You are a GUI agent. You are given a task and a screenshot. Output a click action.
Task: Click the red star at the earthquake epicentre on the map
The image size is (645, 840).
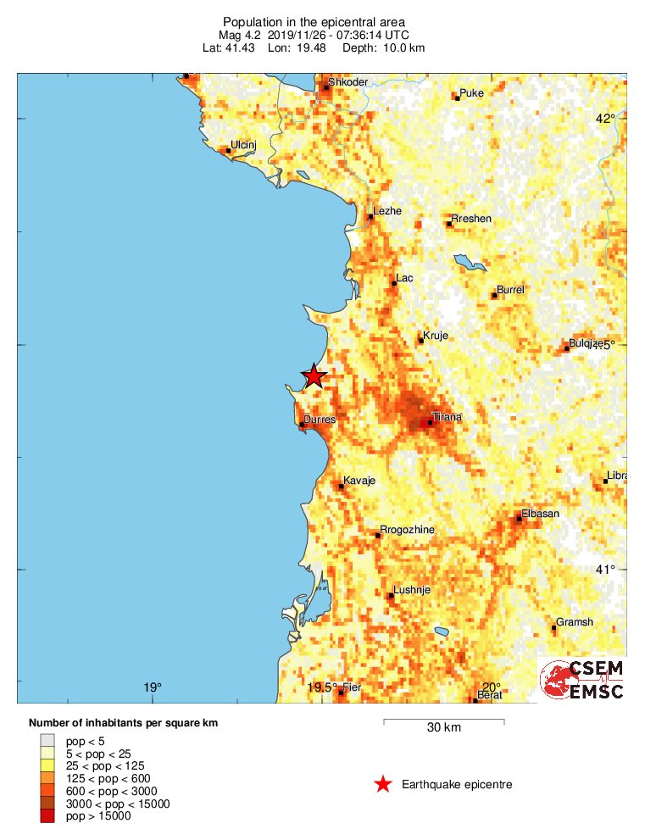tap(314, 375)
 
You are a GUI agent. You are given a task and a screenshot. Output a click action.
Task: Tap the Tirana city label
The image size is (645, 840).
tap(447, 417)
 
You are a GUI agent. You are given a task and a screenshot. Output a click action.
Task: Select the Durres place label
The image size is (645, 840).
tap(319, 420)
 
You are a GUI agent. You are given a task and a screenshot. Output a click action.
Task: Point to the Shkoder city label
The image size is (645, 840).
tap(348, 82)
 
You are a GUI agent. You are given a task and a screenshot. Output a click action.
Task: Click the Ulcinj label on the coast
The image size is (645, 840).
tap(243, 145)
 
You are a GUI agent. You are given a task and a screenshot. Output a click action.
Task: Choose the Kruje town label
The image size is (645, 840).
tap(435, 336)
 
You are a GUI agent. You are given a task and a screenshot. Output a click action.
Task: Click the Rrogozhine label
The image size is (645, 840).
tap(407, 530)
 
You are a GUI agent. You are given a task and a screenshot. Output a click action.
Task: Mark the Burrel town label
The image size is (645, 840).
tap(510, 290)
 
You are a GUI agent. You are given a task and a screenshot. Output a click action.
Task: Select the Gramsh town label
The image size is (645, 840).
tap(574, 622)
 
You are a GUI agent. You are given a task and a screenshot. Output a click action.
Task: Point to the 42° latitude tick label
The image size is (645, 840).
tap(604, 119)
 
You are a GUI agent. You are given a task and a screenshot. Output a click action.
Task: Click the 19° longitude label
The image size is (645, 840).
tap(152, 687)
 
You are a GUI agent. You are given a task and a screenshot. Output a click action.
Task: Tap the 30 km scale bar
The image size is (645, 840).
tap(444, 722)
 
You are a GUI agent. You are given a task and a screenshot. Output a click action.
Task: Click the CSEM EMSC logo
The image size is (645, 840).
tap(582, 679)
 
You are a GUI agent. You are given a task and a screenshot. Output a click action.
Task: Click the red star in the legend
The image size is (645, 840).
tap(383, 784)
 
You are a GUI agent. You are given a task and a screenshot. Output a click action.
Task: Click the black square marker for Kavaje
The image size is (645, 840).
tap(342, 486)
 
